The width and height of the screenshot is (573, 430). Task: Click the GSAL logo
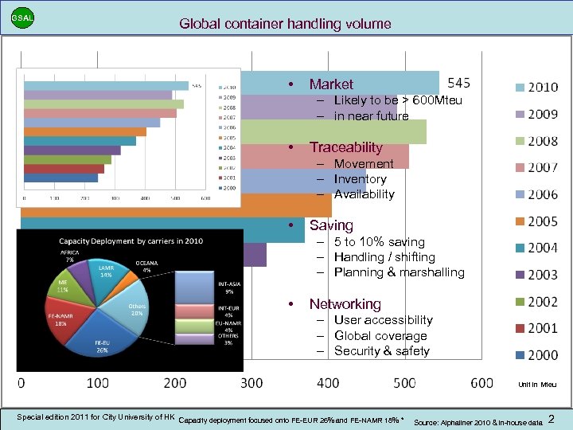[22, 18]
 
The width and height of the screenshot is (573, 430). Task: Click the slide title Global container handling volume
[286, 24]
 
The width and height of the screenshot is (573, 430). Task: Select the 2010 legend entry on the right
[536, 87]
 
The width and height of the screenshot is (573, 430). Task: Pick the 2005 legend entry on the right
[536, 221]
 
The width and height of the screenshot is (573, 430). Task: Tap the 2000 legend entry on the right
[536, 355]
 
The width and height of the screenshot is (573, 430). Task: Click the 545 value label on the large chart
[459, 83]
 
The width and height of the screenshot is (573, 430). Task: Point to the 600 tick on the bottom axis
[481, 383]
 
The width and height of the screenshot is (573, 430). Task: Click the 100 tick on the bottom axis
[97, 383]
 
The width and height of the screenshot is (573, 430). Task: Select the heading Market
[331, 84]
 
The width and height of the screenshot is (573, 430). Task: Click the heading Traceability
[345, 147]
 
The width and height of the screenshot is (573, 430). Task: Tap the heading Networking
[345, 304]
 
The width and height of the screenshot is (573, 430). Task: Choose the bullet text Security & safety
[381, 351]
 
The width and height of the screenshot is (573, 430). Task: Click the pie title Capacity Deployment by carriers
[131, 240]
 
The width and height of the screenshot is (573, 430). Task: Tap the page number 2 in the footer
[552, 418]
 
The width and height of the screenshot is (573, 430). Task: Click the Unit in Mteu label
[537, 385]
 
